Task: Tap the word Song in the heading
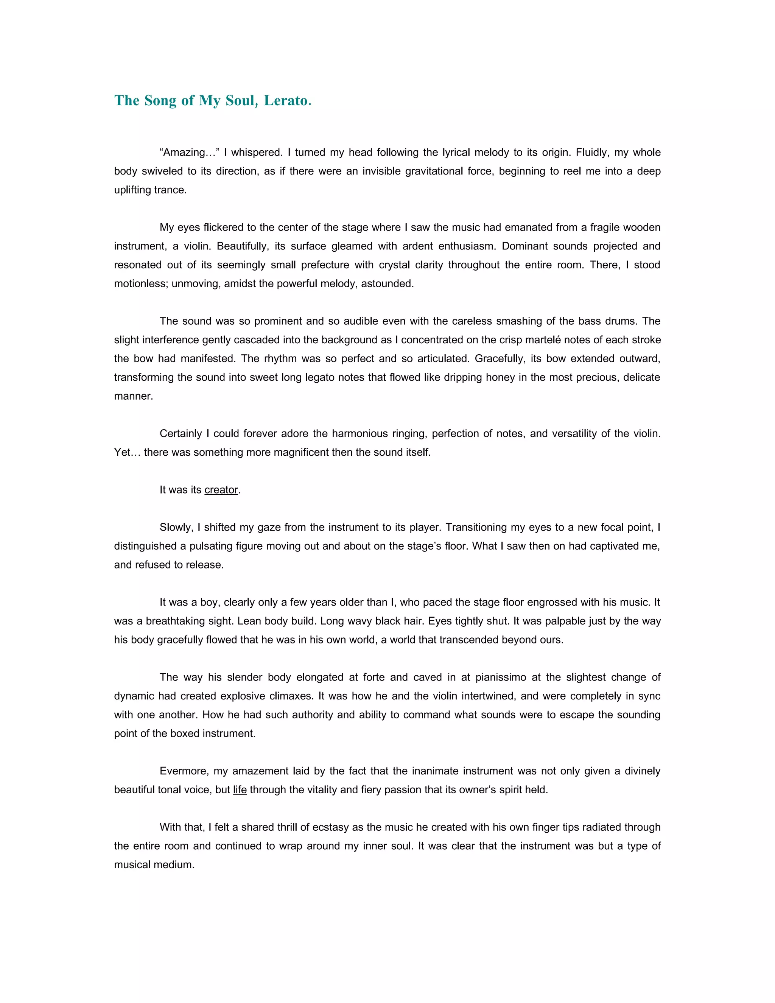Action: [x=161, y=100]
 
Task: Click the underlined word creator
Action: [x=221, y=490]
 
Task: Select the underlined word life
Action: [x=240, y=790]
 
